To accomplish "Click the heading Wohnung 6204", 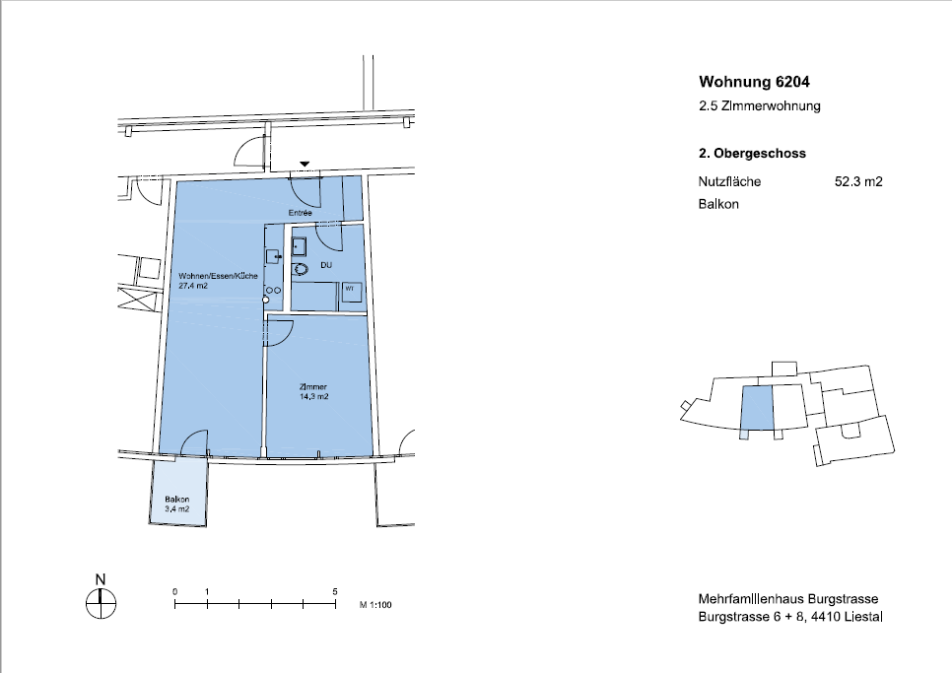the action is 754,82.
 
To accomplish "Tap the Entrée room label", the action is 300,213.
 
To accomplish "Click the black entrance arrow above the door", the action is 305,164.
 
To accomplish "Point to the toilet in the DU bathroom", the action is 300,269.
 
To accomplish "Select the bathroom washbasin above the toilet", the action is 299,247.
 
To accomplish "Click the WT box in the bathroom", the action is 352,292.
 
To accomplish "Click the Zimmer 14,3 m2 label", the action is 313,391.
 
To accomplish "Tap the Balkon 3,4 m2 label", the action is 176,505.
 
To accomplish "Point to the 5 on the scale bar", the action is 335,591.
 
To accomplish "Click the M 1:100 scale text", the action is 375,605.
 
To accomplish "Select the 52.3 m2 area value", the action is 858,181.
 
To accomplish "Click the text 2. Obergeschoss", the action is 752,153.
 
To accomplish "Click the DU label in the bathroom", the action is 326,265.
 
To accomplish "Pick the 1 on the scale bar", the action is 207,591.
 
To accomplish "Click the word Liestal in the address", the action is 864,617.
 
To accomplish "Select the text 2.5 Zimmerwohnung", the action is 760,105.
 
